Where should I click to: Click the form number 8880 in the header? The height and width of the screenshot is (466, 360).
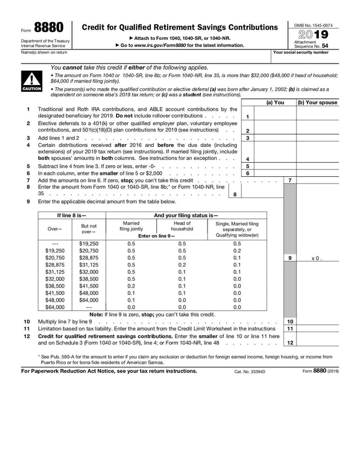(x=48, y=28)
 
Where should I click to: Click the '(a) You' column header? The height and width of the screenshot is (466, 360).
(x=274, y=102)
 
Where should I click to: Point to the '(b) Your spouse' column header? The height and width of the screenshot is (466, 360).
(x=317, y=102)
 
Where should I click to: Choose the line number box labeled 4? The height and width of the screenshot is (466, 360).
(x=247, y=159)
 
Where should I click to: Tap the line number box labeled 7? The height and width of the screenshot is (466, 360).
(x=289, y=180)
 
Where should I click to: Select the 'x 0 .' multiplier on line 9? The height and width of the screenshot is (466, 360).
(x=317, y=258)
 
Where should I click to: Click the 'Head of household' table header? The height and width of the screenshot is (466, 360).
(x=182, y=226)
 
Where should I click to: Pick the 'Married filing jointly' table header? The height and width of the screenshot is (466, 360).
(x=131, y=226)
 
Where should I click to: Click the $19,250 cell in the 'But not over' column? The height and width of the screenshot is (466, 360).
(x=88, y=244)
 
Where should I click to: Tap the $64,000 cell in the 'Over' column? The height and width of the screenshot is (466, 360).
(x=55, y=307)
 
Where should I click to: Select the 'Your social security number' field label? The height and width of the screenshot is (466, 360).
(x=300, y=52)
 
